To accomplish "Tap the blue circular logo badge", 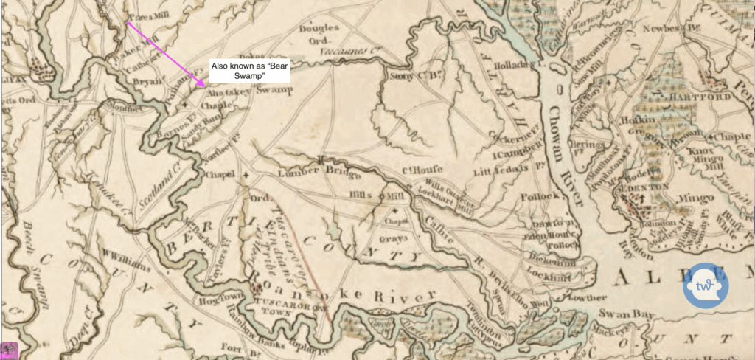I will (x=705, y=283).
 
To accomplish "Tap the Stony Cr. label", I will (x=407, y=75).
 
